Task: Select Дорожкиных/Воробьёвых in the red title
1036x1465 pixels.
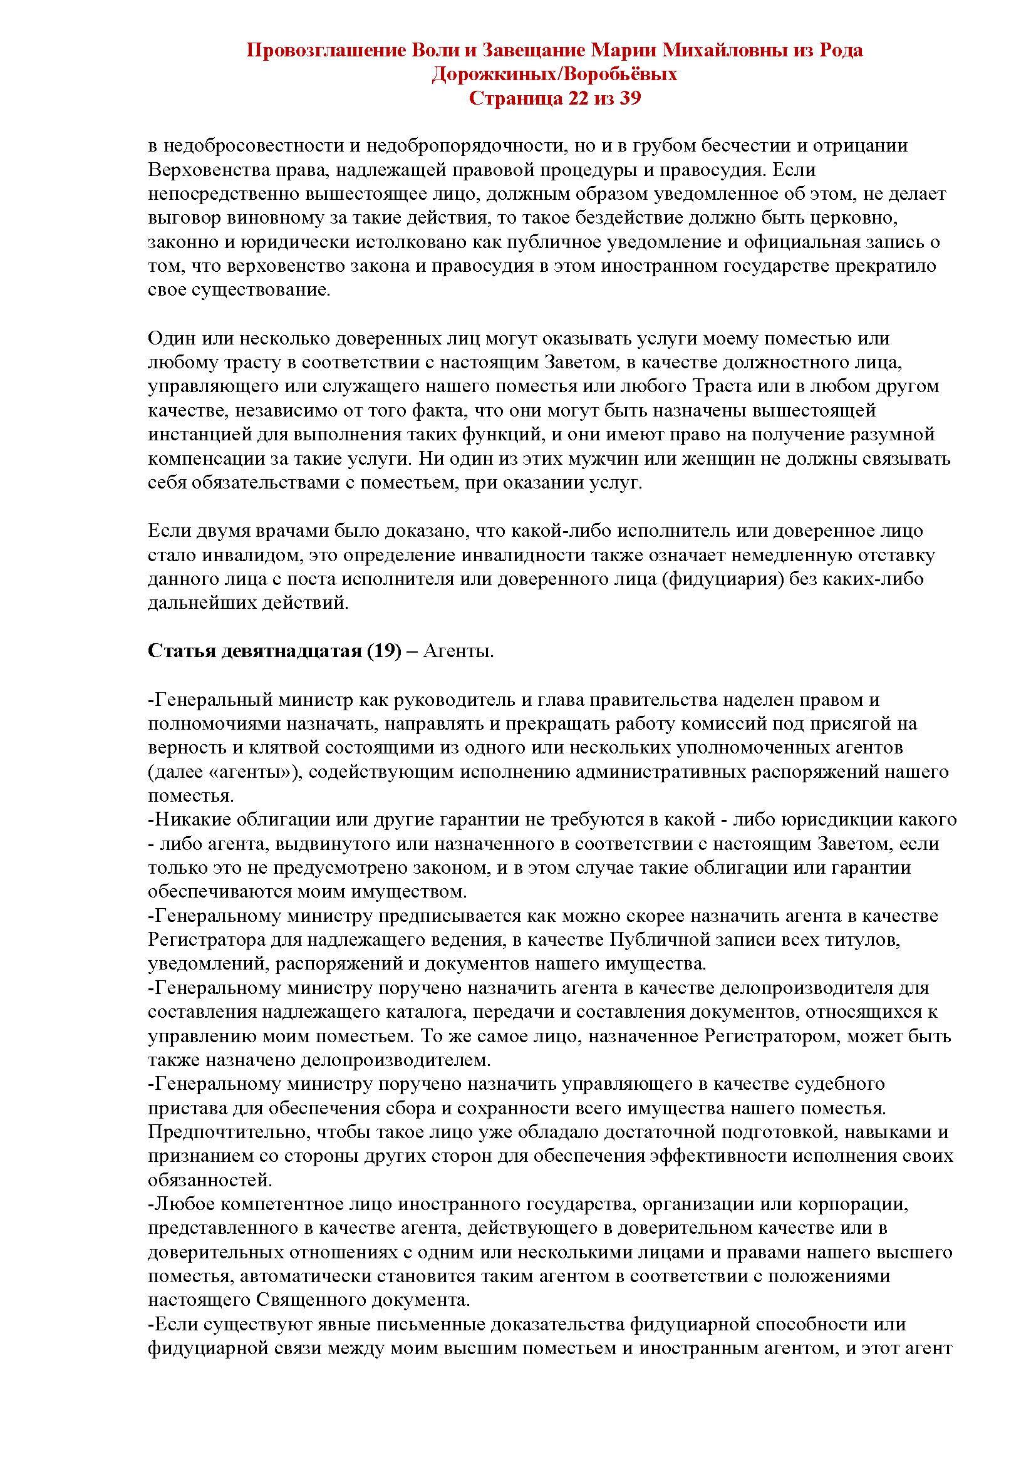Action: [554, 75]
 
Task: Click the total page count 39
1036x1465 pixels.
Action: [629, 99]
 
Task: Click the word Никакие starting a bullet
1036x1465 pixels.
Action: [190, 819]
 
